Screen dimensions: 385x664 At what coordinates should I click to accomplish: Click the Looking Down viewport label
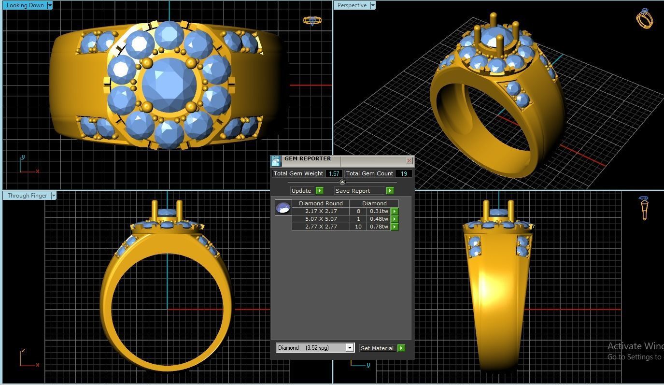[25, 5]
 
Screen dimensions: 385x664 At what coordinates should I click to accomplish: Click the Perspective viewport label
[352, 5]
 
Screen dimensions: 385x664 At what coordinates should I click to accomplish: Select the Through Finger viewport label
[27, 196]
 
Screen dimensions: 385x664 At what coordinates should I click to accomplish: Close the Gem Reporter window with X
[409, 160]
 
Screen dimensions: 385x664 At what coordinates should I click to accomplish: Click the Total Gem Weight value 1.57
[334, 173]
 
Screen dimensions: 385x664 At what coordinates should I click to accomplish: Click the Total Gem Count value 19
[403, 173]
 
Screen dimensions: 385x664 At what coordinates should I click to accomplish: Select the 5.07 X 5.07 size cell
[321, 219]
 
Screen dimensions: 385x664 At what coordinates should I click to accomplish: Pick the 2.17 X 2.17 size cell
[321, 211]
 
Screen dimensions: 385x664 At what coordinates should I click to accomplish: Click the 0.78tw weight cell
[379, 227]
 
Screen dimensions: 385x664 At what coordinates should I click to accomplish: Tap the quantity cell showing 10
[358, 227]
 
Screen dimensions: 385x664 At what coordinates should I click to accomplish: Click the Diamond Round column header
[321, 203]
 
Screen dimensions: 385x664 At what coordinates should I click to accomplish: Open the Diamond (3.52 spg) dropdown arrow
[350, 348]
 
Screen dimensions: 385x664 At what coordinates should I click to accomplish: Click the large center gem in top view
[169, 86]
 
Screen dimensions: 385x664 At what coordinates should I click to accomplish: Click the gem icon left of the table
[283, 208]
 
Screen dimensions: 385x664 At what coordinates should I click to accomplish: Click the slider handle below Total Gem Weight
[342, 182]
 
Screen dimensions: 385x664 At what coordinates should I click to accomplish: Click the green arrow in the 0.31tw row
[395, 211]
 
